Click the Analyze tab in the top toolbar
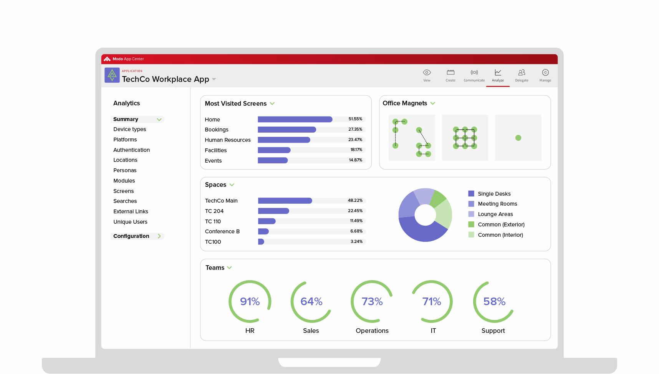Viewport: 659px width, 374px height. [498, 75]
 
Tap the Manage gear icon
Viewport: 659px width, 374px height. [545, 73]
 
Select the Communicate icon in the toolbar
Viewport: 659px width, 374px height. [474, 73]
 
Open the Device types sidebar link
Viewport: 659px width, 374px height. [130, 130]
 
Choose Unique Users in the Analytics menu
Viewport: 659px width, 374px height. [130, 222]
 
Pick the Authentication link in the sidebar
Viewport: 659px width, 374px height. [131, 150]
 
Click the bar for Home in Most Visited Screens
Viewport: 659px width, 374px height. [295, 120]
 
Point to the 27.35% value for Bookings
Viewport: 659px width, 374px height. [355, 130]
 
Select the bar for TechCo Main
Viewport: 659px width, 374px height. [285, 201]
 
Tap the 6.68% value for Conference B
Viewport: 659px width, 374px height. [356, 231]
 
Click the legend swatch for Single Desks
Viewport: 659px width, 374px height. [471, 194]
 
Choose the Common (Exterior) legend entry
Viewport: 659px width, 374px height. [501, 225]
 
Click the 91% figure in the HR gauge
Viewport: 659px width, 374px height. [250, 302]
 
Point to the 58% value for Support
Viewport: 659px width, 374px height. [494, 302]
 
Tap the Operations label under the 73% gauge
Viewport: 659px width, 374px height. [372, 331]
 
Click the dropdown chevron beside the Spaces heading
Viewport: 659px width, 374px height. [232, 185]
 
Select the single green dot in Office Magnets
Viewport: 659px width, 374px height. [518, 138]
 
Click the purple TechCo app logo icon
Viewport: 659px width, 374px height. [112, 75]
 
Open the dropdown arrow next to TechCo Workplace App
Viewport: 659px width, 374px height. [214, 80]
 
